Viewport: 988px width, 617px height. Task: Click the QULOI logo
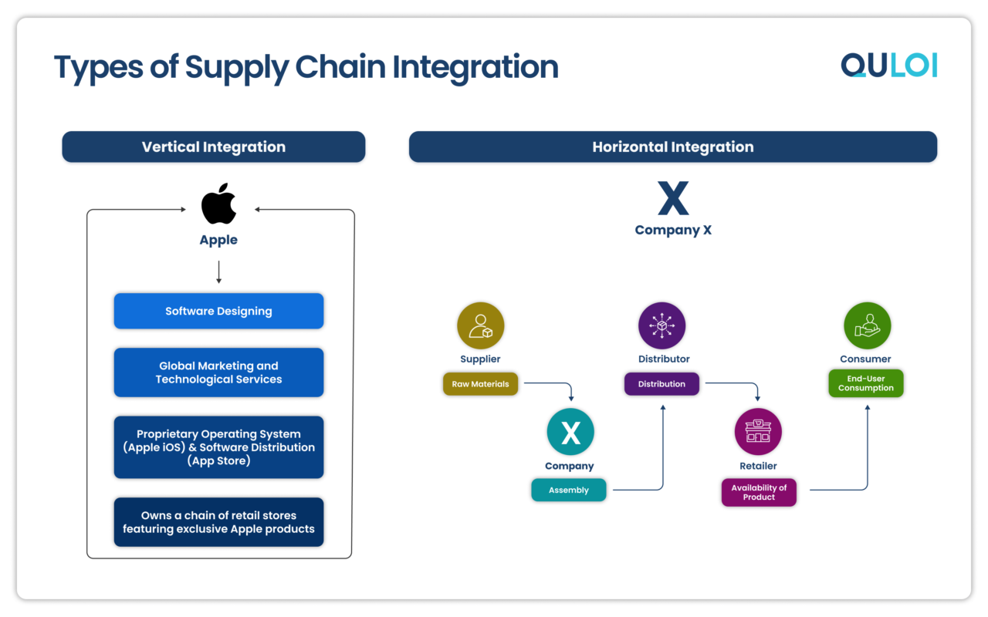point(888,66)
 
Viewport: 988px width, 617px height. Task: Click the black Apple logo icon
point(218,204)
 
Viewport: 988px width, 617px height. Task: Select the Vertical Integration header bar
point(213,147)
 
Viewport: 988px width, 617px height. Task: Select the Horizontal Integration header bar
point(672,147)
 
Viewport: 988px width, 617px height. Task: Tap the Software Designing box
point(218,311)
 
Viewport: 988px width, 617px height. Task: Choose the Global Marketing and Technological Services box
point(218,373)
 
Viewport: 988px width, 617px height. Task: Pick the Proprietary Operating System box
point(218,447)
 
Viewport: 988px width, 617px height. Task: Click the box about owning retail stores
point(218,522)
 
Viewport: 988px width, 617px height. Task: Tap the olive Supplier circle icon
point(480,325)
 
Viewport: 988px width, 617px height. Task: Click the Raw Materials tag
point(480,384)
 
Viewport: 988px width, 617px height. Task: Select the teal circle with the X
point(570,433)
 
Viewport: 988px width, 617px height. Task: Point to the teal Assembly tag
point(569,491)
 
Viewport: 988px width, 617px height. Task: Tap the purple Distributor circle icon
point(662,325)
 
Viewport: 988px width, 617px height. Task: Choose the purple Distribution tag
point(661,384)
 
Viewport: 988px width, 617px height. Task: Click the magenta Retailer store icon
point(758,432)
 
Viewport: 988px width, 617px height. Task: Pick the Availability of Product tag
point(759,493)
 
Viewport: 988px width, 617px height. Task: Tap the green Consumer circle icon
point(867,325)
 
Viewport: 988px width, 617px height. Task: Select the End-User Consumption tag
point(865,383)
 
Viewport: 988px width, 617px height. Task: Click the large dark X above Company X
point(672,199)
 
